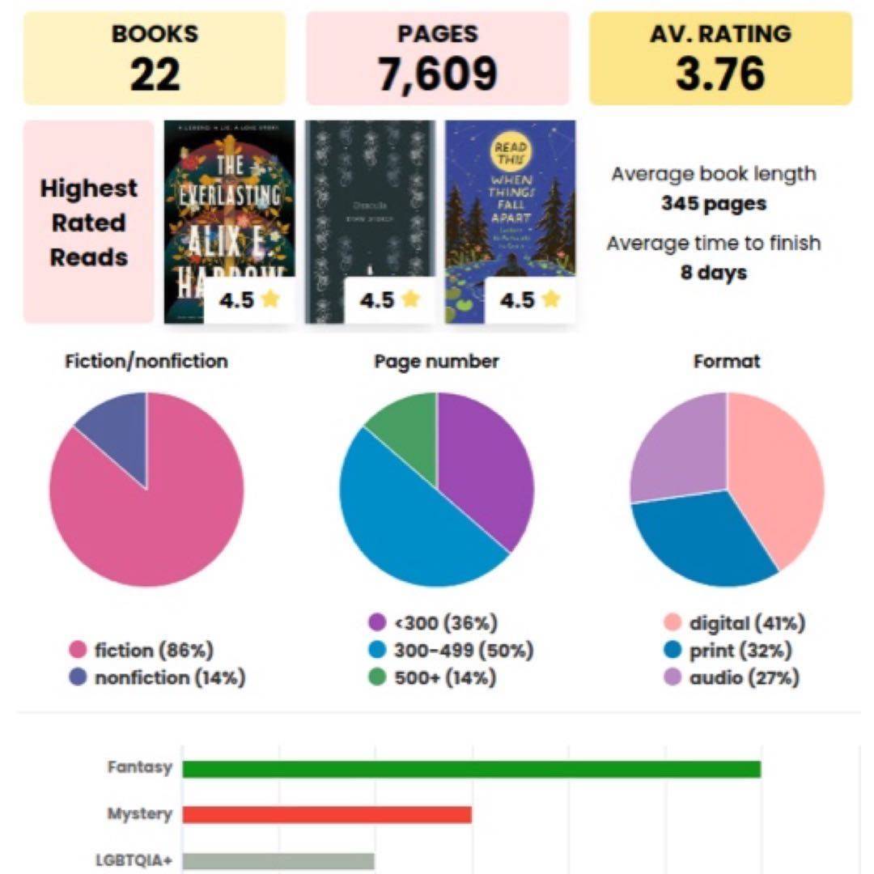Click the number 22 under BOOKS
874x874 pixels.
click(155, 74)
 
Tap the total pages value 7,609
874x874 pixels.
click(437, 74)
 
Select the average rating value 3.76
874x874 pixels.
click(720, 74)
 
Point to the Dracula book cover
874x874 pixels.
click(370, 202)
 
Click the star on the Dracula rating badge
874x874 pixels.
click(410, 300)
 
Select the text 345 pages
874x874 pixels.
click(713, 203)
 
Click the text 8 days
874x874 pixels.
click(713, 272)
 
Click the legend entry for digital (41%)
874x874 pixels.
click(733, 623)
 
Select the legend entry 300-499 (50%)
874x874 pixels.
click(451, 650)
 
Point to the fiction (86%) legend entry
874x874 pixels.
click(142, 650)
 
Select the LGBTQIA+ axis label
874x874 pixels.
click(134, 860)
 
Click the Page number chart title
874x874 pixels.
click(436, 361)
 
